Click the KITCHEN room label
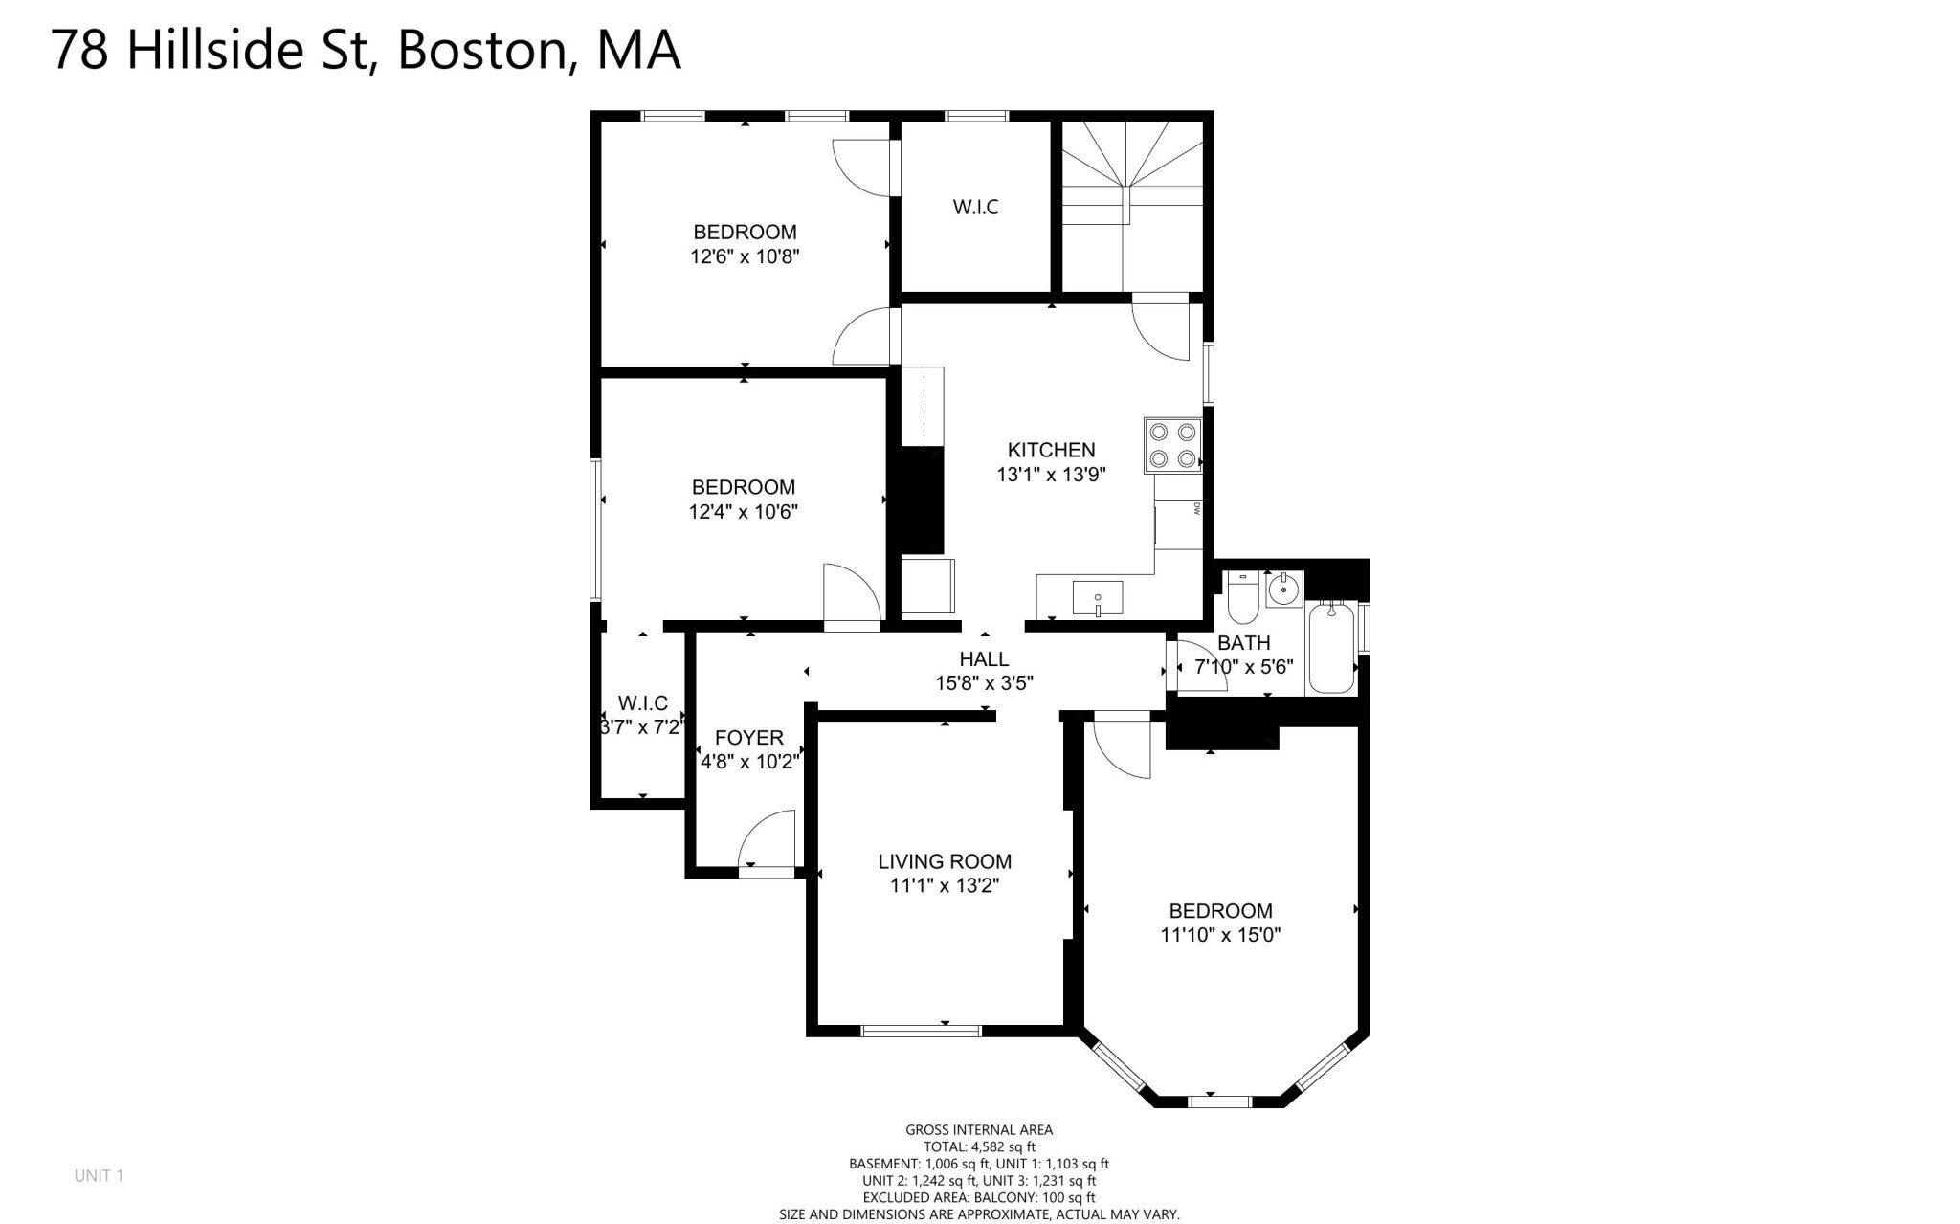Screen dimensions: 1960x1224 1051,450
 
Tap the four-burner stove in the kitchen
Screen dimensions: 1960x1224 1173,445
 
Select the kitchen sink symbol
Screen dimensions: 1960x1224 1098,598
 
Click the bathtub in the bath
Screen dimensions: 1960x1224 1331,647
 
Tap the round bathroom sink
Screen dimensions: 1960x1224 1283,590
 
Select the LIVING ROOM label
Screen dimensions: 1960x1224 945,861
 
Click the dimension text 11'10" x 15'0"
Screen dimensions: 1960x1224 1220,935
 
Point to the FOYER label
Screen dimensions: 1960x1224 749,738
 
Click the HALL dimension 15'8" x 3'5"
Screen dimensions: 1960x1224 985,683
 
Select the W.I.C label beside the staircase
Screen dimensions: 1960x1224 976,207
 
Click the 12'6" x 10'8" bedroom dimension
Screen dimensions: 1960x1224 745,256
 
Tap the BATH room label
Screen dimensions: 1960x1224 1244,643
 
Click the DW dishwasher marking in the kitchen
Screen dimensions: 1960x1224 1197,509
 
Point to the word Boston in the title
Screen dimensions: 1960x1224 481,50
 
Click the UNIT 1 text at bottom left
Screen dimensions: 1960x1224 100,1175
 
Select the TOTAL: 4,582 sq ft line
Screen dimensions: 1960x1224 979,1146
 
